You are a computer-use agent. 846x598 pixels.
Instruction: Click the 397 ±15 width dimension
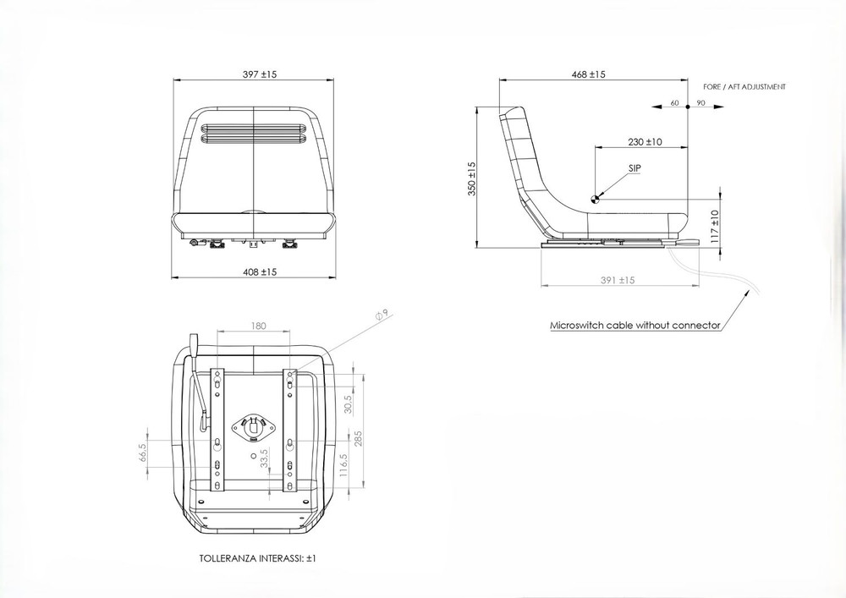click(259, 74)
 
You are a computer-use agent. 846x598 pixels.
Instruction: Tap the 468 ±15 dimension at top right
click(588, 74)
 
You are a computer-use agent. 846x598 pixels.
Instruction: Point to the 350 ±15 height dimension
click(472, 179)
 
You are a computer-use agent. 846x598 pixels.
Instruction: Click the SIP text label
click(634, 169)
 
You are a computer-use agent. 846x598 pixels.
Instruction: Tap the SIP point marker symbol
click(596, 199)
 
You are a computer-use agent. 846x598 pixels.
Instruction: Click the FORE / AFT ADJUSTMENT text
click(744, 87)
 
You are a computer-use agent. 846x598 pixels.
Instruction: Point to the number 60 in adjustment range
click(674, 102)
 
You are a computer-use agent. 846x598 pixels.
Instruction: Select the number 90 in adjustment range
click(700, 102)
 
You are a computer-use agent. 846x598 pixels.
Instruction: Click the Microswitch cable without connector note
click(634, 325)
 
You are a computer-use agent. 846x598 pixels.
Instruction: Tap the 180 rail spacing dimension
click(259, 325)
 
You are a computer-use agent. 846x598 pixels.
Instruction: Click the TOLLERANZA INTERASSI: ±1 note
click(257, 559)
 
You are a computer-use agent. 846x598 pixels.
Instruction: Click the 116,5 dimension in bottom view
click(344, 467)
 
